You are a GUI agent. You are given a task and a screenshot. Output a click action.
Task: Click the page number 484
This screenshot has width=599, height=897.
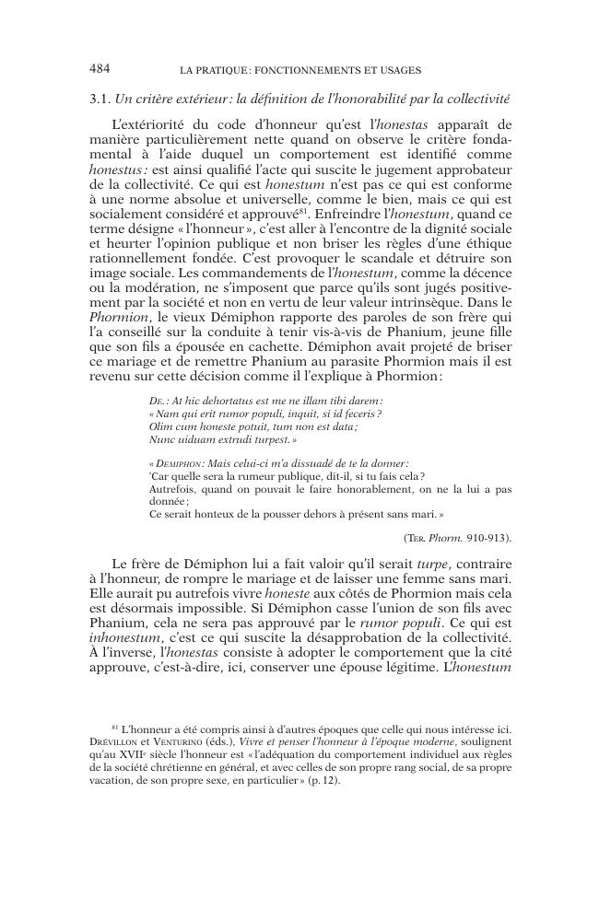pos(100,69)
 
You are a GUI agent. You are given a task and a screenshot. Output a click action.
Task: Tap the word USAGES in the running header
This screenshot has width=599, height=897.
pos(400,70)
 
